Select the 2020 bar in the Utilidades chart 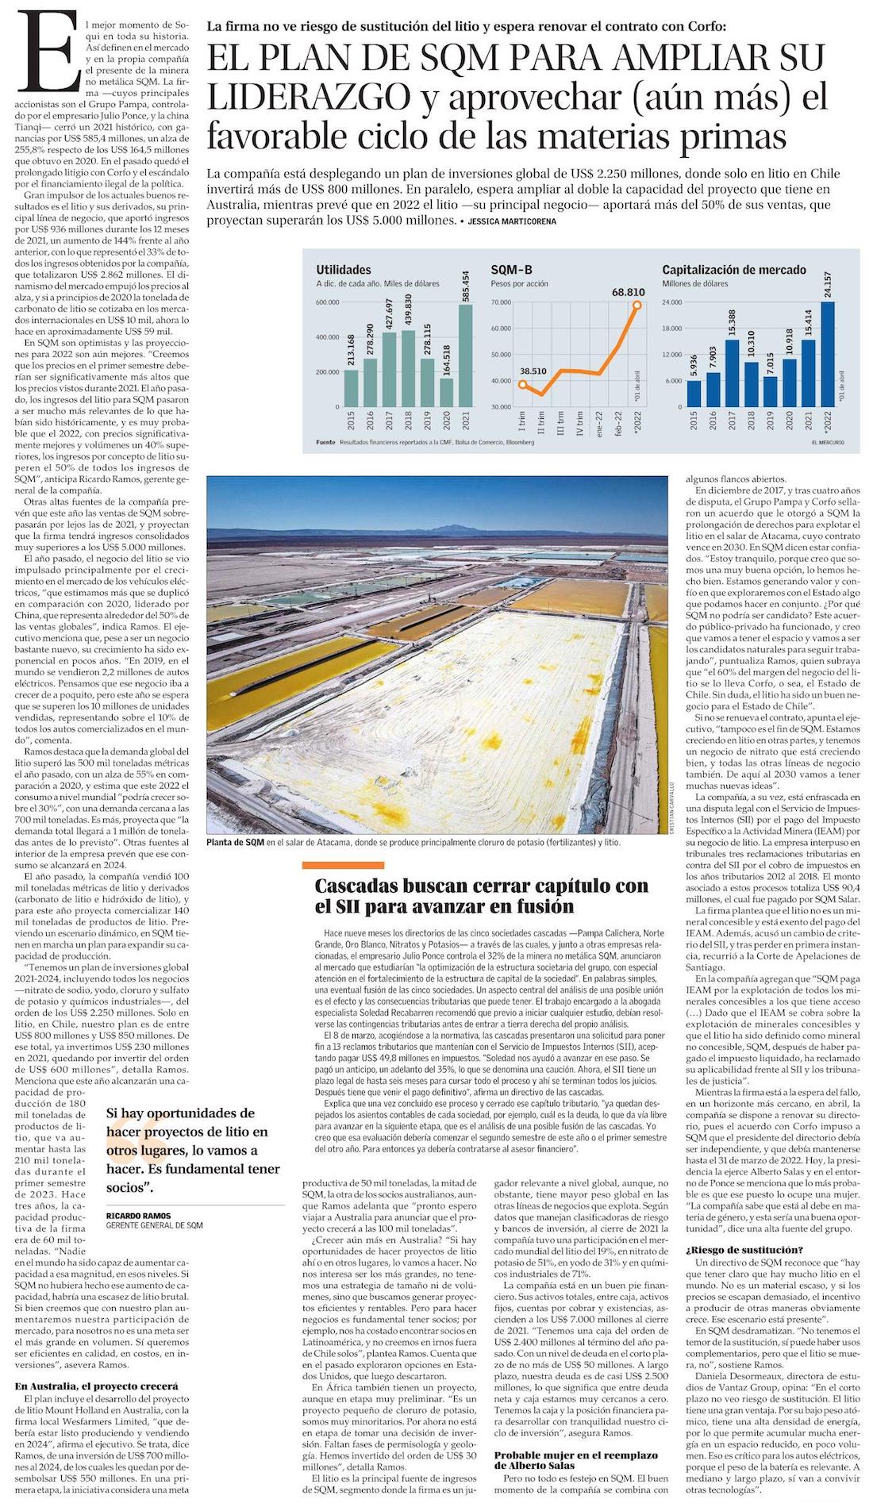pos(445,392)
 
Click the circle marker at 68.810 pos(637,304)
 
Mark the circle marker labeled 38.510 pos(522,384)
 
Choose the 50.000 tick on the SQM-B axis pos(501,355)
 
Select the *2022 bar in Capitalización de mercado pos(827,354)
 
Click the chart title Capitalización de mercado pos(734,270)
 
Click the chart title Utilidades pos(343,270)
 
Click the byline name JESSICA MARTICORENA pos(512,222)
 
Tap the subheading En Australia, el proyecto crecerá pos(96,1386)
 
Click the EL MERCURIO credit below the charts pos(828,441)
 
